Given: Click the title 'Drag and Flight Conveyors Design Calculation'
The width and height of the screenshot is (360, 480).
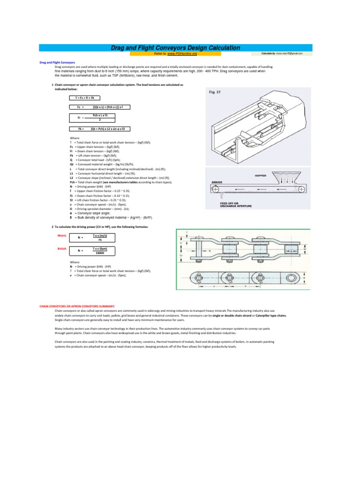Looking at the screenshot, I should coord(175,48).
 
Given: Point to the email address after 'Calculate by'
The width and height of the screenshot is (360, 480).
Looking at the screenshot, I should coord(289,54).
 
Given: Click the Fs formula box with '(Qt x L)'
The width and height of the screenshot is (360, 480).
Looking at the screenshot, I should coord(100,107).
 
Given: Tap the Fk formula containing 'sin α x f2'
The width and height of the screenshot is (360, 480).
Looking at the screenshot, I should coord(100,128).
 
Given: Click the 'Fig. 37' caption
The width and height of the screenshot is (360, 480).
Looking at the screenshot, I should coord(215,92).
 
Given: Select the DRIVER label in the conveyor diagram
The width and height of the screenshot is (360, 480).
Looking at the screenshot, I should coord(217,181).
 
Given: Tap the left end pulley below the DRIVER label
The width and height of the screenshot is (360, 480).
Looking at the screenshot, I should coord(216,189).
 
